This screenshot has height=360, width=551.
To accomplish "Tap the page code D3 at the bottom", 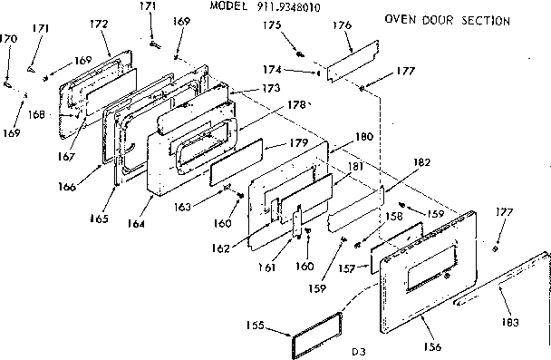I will point(361,349).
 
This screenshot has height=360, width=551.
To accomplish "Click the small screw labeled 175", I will point(298,54).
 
